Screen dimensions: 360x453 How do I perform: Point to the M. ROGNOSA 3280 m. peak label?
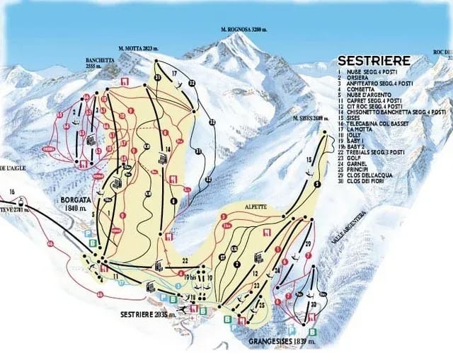coord(244,30)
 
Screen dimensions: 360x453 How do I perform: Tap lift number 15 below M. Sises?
coord(309,161)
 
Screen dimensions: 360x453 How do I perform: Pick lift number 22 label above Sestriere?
coord(185,261)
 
